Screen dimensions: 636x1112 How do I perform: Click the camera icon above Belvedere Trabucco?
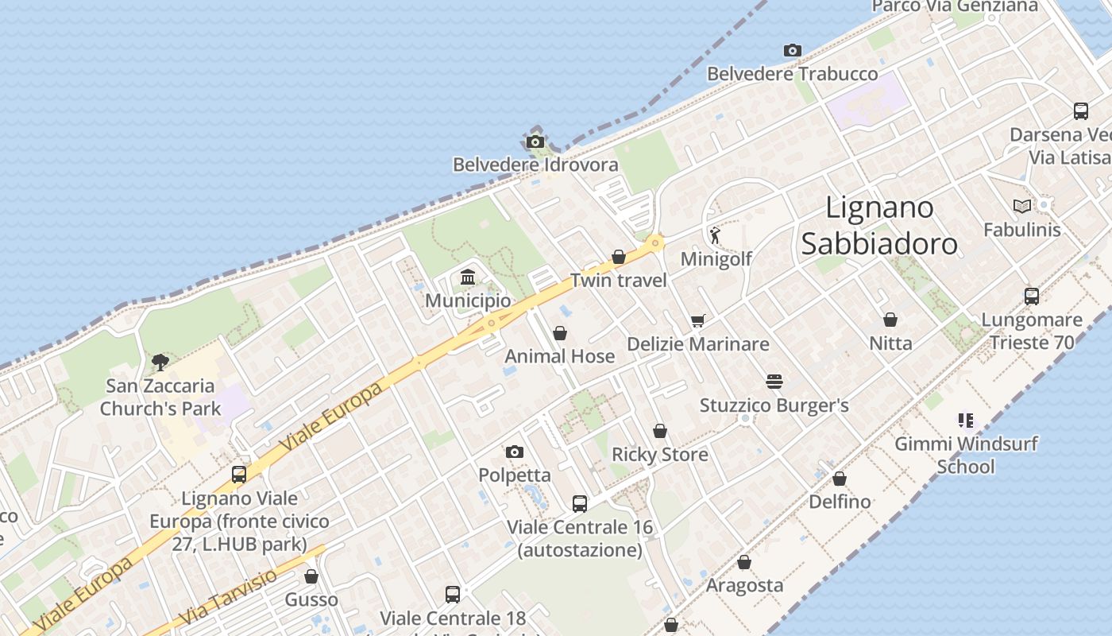click(x=792, y=50)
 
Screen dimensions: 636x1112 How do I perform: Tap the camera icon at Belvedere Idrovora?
click(x=535, y=142)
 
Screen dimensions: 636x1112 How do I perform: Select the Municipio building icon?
click(x=468, y=277)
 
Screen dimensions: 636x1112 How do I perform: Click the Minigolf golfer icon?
click(x=715, y=235)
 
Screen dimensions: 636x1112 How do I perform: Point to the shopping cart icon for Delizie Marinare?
click(x=697, y=320)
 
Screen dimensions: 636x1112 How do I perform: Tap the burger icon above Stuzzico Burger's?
click(x=774, y=382)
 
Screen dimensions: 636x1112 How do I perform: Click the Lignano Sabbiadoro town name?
click(x=879, y=225)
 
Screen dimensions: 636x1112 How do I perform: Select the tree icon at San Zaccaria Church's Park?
click(x=160, y=363)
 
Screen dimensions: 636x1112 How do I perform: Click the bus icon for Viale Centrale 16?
click(x=580, y=503)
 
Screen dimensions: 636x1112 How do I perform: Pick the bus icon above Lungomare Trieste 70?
click(x=1032, y=297)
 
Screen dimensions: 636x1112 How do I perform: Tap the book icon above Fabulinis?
click(x=1022, y=207)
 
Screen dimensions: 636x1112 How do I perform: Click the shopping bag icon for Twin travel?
click(x=619, y=257)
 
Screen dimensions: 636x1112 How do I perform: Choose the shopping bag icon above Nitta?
click(x=890, y=320)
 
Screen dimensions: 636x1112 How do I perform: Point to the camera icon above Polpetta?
click(x=515, y=452)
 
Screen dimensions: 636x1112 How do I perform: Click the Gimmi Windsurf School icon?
click(x=966, y=420)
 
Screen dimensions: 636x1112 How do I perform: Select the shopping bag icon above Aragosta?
click(x=744, y=562)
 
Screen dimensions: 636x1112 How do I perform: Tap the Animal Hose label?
click(x=560, y=356)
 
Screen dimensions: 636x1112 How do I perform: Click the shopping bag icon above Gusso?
click(x=311, y=576)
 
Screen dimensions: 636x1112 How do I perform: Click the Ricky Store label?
click(x=659, y=455)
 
